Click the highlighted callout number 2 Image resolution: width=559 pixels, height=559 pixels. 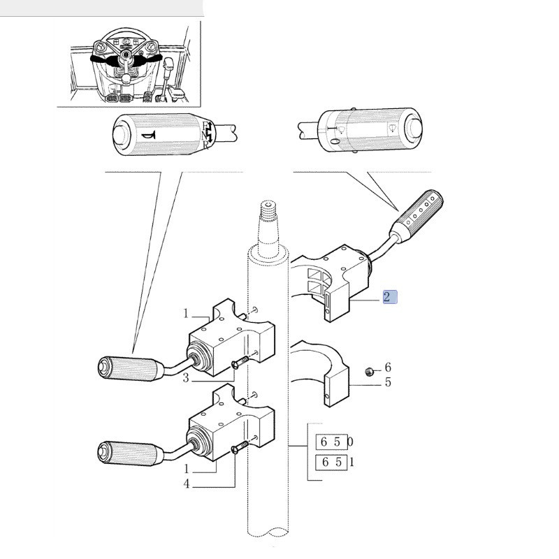pyautogui.click(x=390, y=297)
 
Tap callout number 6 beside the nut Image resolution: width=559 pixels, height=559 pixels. pyautogui.click(x=388, y=368)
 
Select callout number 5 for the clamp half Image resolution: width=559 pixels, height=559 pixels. pyautogui.click(x=388, y=382)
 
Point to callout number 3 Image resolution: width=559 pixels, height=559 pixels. pyautogui.click(x=187, y=378)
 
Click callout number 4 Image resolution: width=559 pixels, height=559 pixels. pyautogui.click(x=187, y=484)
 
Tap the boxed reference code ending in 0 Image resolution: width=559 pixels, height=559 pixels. pyautogui.click(x=333, y=442)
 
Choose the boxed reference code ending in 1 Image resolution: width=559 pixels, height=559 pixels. pyautogui.click(x=333, y=462)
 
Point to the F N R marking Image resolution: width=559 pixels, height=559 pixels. pyautogui.click(x=208, y=135)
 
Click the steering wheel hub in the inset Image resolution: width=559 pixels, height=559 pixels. pyautogui.click(x=125, y=55)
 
